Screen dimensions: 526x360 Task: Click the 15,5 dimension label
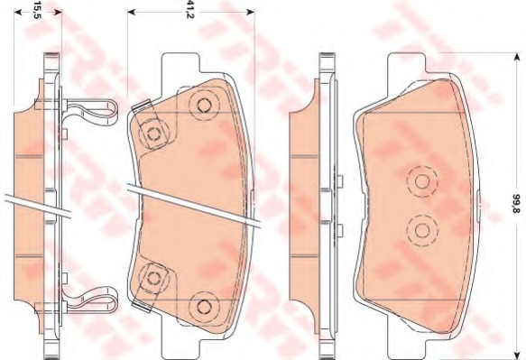tap(37, 10)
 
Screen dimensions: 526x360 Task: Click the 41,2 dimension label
tap(190, 10)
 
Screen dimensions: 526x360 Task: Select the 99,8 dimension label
tap(515, 204)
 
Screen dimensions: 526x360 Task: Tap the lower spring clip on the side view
tap(91, 300)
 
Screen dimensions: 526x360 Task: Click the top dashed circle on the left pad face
tap(204, 106)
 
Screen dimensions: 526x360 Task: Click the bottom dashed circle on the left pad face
tap(204, 306)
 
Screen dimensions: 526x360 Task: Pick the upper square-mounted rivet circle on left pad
tap(153, 134)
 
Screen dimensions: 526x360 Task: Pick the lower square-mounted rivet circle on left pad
tap(154, 277)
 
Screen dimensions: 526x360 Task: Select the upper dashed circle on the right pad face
tap(422, 181)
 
